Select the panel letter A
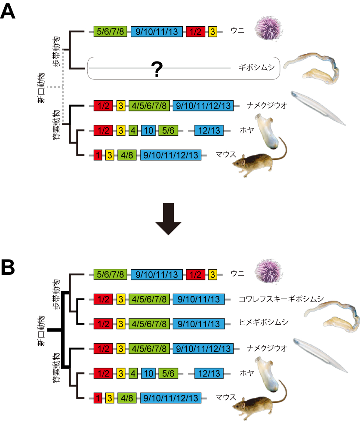pos(9,12)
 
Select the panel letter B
pos(9,267)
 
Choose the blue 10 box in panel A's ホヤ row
pos(148,130)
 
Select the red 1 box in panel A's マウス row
pos(98,155)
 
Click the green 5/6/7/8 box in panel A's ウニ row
pos(111,32)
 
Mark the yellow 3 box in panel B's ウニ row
pos(212,274)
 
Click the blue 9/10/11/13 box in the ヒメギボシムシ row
pos(199,323)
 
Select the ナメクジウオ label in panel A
pos(268,105)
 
